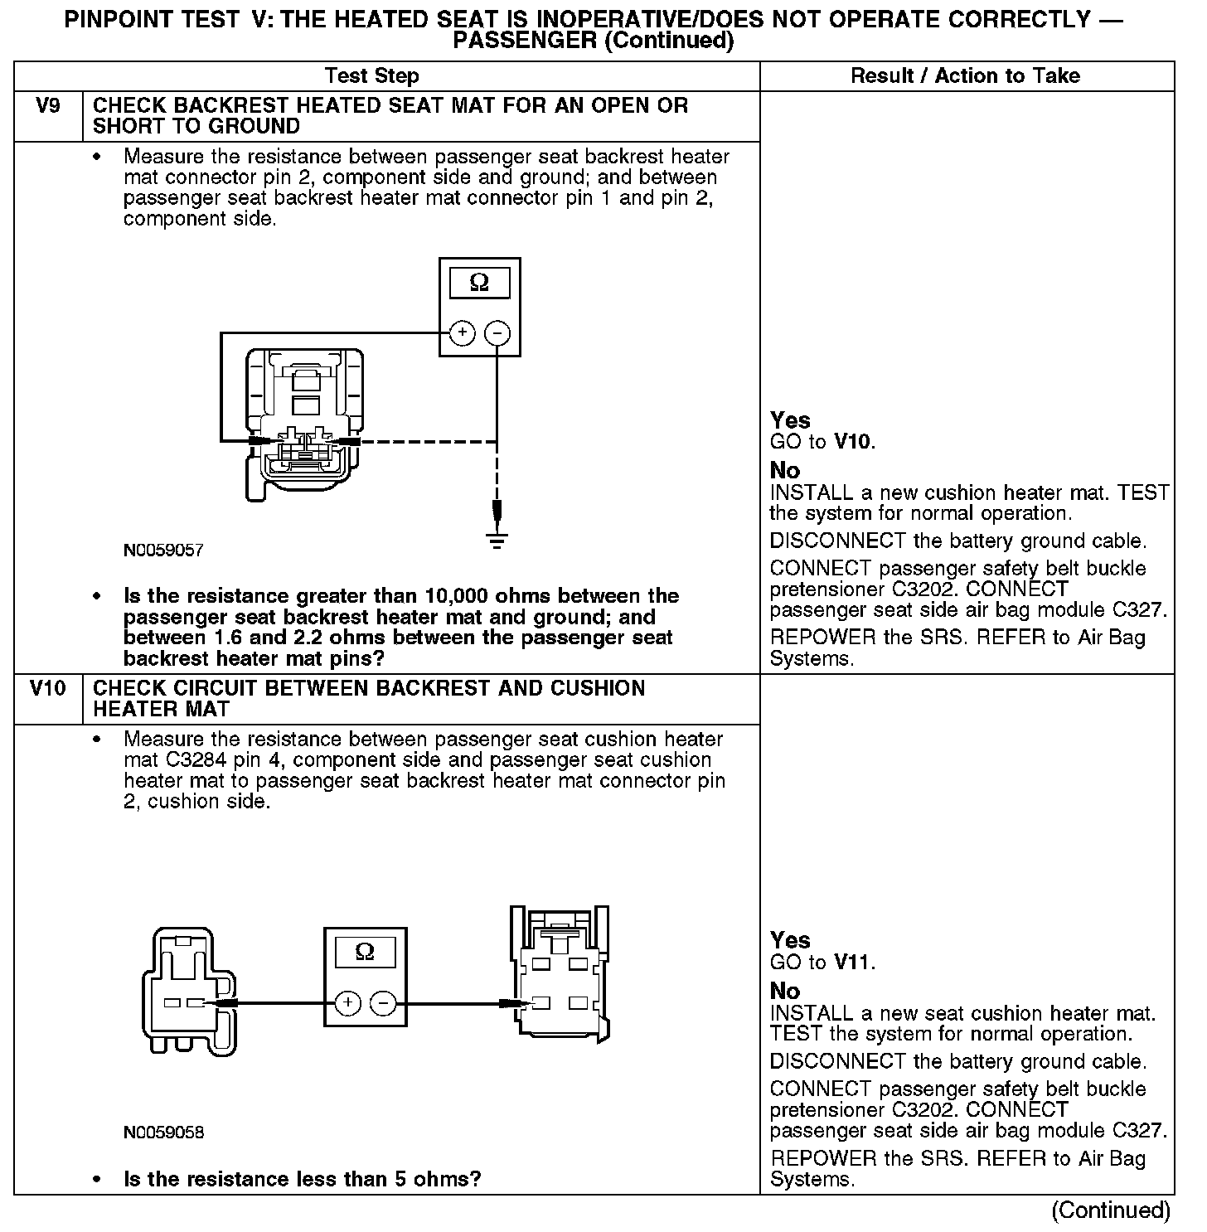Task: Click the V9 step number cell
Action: click(x=48, y=107)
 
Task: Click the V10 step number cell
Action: click(x=48, y=689)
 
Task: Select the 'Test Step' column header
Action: click(x=372, y=76)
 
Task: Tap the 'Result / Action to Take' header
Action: click(x=966, y=76)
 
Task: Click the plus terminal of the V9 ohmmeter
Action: click(x=462, y=333)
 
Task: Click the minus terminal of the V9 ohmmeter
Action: click(x=497, y=333)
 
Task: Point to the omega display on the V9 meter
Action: click(x=479, y=284)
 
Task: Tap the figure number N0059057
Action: click(x=163, y=551)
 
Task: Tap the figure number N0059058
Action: click(x=163, y=1133)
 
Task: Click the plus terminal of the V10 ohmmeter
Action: click(x=347, y=1003)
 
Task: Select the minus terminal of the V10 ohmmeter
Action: click(x=382, y=1003)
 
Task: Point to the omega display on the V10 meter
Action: click(x=365, y=953)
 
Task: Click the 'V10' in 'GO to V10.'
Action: click(x=853, y=442)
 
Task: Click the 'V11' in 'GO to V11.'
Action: click(x=853, y=963)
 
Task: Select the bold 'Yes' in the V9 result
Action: click(x=790, y=420)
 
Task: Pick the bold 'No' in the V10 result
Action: click(x=785, y=992)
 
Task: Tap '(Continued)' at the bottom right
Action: click(x=1111, y=1211)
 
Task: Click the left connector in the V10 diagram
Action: click(x=191, y=991)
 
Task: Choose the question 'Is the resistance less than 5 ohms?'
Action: click(x=303, y=1180)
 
